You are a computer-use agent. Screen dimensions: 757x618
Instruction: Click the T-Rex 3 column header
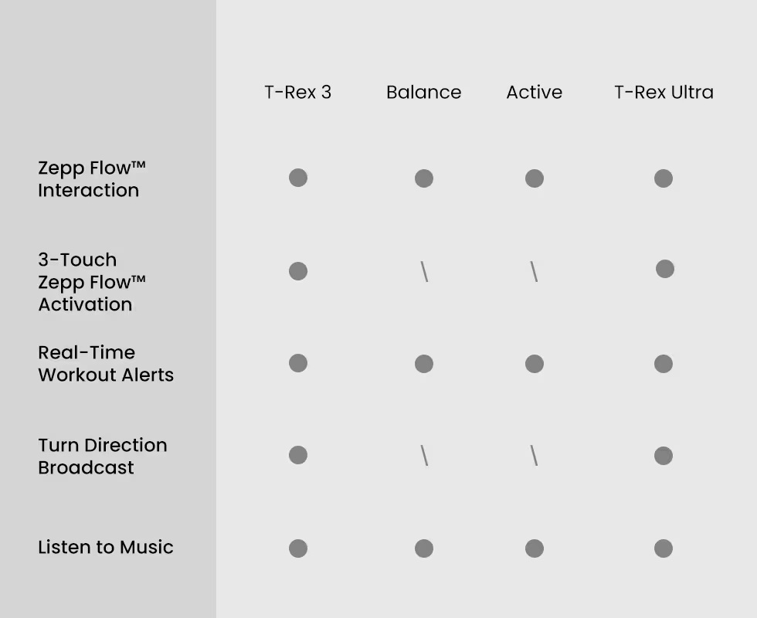298,92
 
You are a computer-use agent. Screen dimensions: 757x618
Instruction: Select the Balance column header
424,92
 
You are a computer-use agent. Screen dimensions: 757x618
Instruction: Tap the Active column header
535,92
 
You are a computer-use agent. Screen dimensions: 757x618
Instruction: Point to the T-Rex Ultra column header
664,92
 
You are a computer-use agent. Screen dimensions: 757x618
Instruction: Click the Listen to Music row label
106,547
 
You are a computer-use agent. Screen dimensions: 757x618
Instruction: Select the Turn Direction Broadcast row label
103,457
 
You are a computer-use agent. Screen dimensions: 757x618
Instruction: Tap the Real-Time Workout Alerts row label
106,364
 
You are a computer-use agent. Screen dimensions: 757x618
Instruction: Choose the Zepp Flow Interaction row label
92,179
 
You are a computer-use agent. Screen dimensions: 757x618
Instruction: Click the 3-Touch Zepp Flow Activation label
92,282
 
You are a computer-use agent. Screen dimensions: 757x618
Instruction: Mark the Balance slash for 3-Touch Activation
424,271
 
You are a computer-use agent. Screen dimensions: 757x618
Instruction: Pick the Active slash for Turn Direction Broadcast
534,455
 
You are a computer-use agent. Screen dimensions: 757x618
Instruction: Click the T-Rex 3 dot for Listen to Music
298,548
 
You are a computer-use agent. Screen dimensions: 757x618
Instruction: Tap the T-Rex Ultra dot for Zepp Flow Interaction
664,178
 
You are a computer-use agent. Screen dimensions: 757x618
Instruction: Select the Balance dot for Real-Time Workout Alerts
424,364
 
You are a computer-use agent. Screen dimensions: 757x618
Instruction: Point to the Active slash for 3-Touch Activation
534,271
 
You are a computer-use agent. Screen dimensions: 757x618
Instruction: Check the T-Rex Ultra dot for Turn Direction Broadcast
664,455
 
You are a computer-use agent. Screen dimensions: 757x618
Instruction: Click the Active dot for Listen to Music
535,548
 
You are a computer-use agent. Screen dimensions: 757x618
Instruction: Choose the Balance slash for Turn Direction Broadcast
424,455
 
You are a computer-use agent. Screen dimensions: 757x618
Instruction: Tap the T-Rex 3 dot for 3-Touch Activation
298,271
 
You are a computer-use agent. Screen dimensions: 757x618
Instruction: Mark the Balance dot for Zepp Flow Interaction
424,178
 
